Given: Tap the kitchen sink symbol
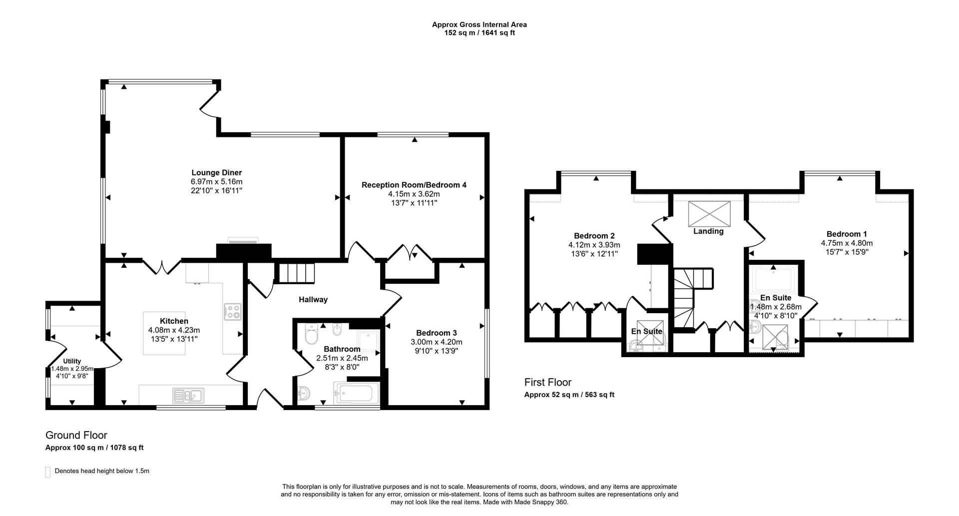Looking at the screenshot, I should coord(188,396).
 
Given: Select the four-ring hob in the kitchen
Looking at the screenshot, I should coord(233,312).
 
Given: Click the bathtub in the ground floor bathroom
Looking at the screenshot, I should coord(354,395).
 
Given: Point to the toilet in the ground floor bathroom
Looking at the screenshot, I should coord(311,335).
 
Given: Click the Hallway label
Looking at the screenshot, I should coord(313,300).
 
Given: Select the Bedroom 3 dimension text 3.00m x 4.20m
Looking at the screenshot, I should coord(437,342).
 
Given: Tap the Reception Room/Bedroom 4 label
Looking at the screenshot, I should coord(414,185).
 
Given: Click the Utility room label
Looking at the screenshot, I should coord(72,361).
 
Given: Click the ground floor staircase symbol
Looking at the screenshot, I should coord(297,273).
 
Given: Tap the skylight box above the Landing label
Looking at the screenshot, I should coord(709,213).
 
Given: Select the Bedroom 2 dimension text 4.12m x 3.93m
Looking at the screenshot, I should coord(594,245).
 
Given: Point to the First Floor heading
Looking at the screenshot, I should coord(547,382).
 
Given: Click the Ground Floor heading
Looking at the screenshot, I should coord(76,435).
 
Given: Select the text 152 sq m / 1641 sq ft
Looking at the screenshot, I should coord(479,33).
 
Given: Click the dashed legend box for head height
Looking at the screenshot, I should coord(48,472).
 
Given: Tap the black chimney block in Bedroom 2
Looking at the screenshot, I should coord(652,254).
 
